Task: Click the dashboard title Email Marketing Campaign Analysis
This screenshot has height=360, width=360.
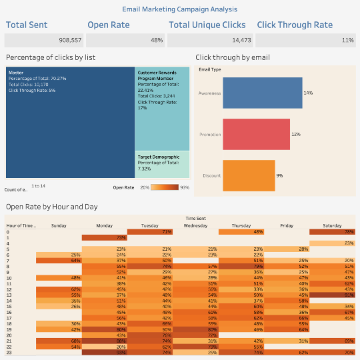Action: click(180, 9)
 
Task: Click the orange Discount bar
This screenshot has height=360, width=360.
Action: click(249, 175)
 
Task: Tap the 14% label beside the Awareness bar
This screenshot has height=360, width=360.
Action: click(308, 93)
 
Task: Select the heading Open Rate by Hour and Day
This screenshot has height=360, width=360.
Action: click(51, 207)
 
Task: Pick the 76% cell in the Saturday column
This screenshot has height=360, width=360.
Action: click(332, 231)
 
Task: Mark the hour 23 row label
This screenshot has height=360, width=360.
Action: click(9, 352)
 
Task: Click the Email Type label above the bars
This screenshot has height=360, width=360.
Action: click(211, 69)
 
